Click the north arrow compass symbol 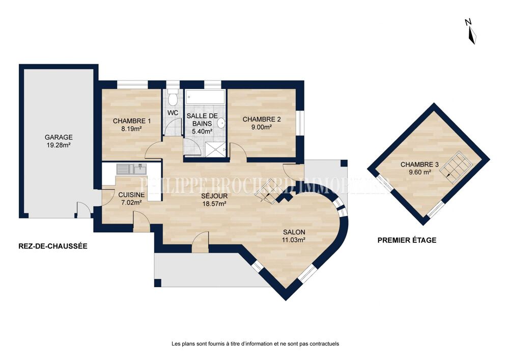[471, 32]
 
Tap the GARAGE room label [59, 137]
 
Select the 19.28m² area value [59, 145]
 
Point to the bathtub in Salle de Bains [205, 97]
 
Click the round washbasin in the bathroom [221, 123]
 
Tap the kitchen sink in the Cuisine [131, 169]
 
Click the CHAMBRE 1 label [132, 121]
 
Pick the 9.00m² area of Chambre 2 [262, 127]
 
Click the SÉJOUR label [214, 196]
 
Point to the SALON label [294, 232]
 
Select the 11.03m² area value [294, 240]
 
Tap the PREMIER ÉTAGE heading [407, 240]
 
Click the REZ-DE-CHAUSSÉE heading [53, 246]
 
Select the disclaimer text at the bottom [255, 343]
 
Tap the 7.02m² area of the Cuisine [131, 203]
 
